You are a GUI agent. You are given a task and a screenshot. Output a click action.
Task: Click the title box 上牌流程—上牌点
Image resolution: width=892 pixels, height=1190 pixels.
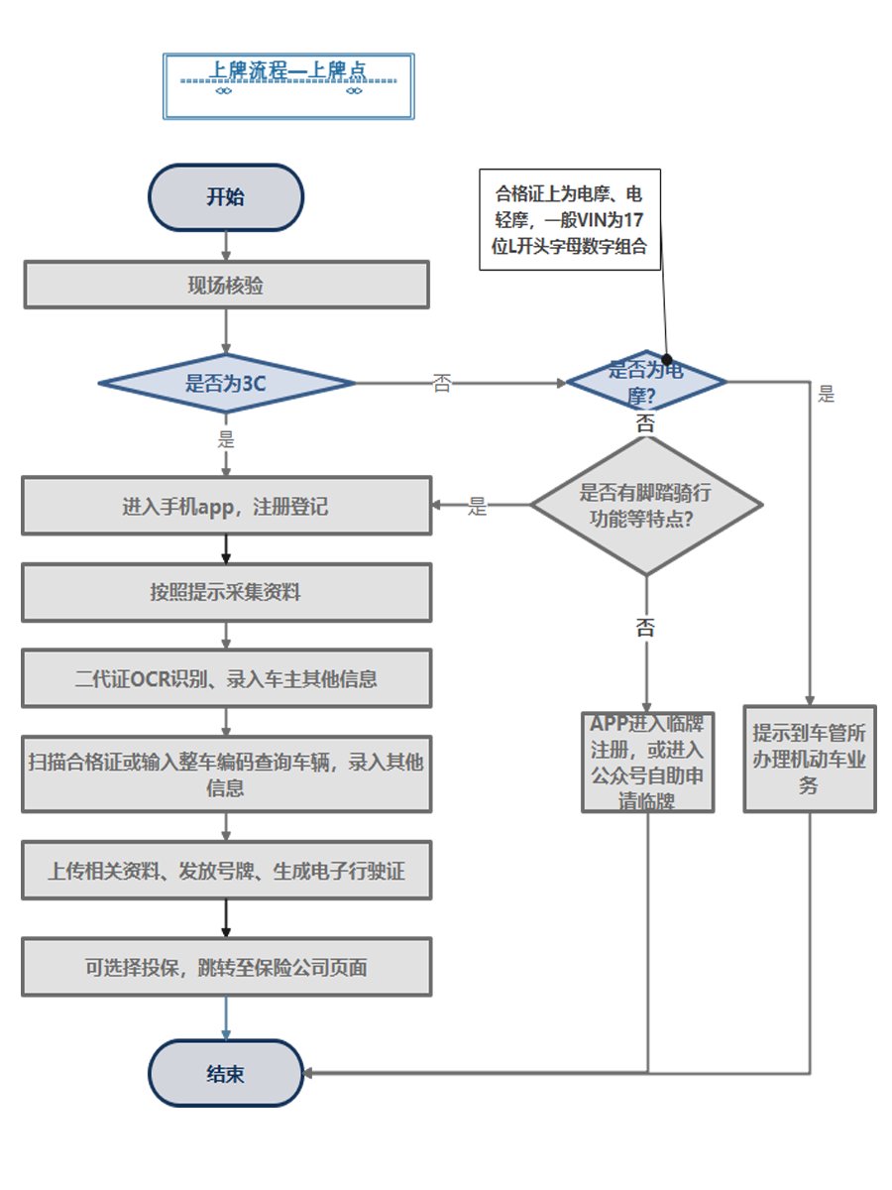(x=288, y=86)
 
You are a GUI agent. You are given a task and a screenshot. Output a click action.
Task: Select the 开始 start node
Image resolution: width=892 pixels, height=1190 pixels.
(x=226, y=196)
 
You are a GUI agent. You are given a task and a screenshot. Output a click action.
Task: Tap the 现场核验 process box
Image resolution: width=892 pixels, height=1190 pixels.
(x=226, y=286)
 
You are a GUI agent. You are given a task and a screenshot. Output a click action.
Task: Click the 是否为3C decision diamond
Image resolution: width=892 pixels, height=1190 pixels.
(x=226, y=383)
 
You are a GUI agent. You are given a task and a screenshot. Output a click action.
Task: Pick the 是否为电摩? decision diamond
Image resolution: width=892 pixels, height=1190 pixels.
(x=645, y=382)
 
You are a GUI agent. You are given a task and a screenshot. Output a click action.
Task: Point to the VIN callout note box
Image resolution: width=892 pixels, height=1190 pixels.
(x=570, y=219)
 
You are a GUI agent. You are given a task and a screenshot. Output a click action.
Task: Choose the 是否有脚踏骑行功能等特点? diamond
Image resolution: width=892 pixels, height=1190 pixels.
(x=646, y=505)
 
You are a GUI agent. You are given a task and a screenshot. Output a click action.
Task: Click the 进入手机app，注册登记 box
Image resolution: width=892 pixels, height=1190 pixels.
(x=226, y=507)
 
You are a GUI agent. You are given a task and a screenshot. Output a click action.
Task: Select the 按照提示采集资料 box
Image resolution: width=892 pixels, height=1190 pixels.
(x=226, y=593)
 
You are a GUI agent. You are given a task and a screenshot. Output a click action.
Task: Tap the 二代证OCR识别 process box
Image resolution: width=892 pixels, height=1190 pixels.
(x=226, y=679)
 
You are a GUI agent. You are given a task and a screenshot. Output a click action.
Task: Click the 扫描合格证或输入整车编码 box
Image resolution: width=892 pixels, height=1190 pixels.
(x=226, y=774)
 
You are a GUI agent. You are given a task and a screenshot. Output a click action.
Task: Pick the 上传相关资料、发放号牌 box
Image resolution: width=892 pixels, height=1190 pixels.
(x=226, y=871)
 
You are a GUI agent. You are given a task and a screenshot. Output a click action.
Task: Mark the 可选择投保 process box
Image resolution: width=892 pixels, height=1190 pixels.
(x=226, y=967)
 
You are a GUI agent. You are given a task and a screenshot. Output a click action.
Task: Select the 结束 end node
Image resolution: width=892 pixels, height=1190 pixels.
(x=226, y=1073)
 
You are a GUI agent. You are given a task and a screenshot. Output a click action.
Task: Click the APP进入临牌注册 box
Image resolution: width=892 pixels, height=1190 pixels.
(x=648, y=762)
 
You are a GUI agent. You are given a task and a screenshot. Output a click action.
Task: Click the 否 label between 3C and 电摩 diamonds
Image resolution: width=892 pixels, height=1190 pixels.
(x=442, y=384)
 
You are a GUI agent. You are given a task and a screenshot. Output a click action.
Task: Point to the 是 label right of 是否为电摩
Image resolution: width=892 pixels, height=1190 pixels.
(x=827, y=395)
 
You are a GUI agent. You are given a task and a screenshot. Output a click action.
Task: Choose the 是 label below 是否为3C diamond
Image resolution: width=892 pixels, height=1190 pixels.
(x=226, y=437)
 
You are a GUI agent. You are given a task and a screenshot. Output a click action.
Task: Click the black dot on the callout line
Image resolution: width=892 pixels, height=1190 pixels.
(x=667, y=359)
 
